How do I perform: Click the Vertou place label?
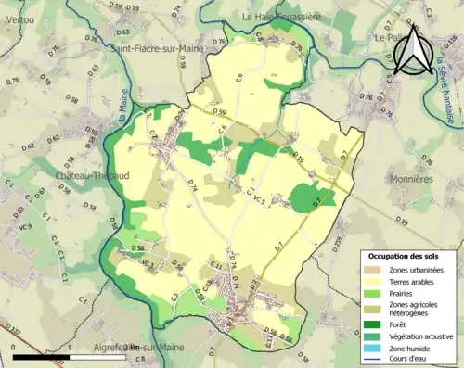coord(19,5)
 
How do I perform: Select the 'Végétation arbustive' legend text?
coord(427,337)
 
